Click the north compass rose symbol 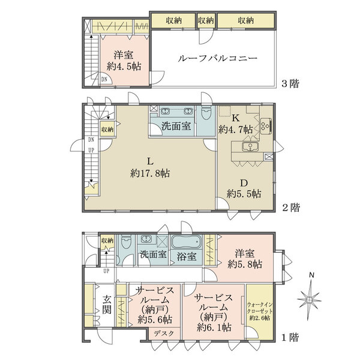[x=310, y=298]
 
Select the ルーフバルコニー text [x=217, y=59]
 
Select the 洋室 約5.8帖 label [x=244, y=259]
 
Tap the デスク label [x=164, y=334]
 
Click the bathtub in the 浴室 [x=186, y=242]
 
